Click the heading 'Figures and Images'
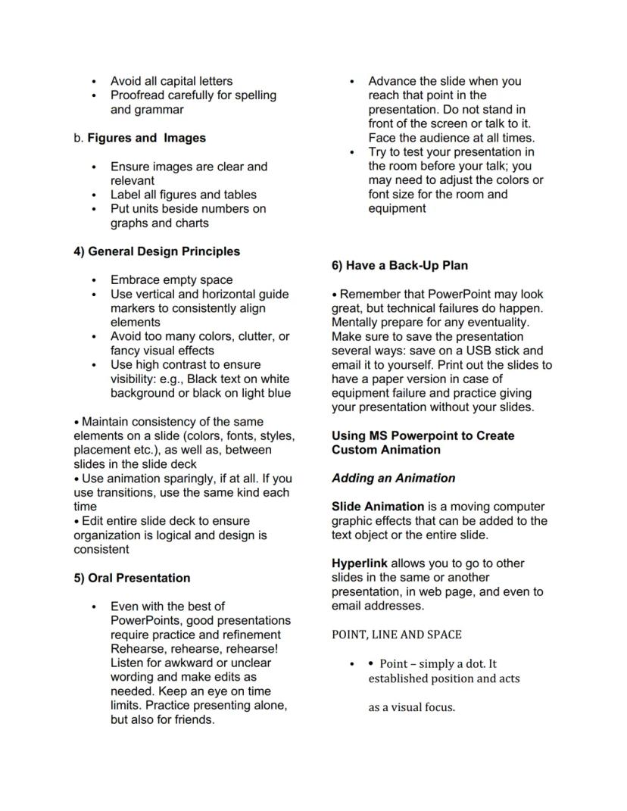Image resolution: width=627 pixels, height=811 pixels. [x=146, y=138]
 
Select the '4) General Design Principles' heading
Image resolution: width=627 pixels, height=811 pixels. [x=157, y=251]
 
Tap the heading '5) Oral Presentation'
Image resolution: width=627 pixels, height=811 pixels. [x=132, y=578]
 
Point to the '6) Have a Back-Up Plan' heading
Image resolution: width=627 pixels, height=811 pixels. [x=400, y=265]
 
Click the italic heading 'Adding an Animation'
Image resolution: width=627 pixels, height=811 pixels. [x=393, y=478]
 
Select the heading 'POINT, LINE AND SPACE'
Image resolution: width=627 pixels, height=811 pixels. [x=396, y=635]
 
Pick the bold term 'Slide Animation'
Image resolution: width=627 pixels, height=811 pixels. [x=378, y=507]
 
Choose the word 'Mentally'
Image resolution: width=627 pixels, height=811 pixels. [x=356, y=323]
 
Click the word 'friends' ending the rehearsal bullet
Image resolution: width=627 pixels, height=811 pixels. [x=193, y=719]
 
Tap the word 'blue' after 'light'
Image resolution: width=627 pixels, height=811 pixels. [x=277, y=393]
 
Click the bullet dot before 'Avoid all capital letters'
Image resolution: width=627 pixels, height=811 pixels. [x=94, y=82]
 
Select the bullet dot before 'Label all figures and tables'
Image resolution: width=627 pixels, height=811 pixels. [x=94, y=195]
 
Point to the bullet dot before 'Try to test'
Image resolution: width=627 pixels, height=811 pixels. [x=352, y=153]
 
